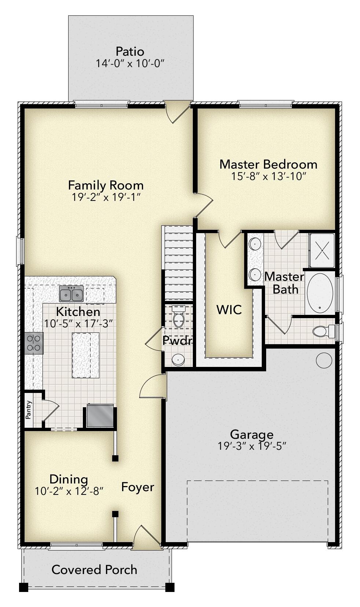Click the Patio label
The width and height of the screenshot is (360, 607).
(130, 51)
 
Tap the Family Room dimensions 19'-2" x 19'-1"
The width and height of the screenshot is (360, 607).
(106, 197)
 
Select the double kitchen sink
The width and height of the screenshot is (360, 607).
(71, 294)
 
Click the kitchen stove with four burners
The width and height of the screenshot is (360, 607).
(34, 343)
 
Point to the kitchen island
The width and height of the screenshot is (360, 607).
(86, 355)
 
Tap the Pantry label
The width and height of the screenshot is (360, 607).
(29, 410)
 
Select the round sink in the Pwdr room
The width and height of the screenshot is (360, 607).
(179, 360)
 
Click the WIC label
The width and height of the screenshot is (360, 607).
(229, 309)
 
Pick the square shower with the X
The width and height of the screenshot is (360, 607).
(322, 250)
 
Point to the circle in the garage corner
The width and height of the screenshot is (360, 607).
(324, 360)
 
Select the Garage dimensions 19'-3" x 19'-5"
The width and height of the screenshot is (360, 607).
(251, 446)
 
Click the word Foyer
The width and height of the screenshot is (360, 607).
(137, 487)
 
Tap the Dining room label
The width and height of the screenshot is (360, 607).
(69, 479)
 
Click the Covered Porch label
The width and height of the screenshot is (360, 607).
(94, 569)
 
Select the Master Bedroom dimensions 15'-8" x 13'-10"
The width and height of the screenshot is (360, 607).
(268, 176)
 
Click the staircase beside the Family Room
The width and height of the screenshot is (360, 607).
(178, 262)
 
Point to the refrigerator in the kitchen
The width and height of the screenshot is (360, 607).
(100, 416)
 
